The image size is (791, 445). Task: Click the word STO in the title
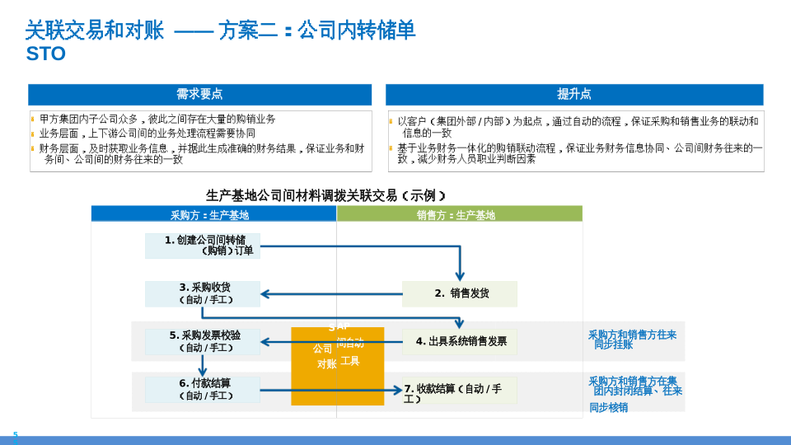[x=45, y=54]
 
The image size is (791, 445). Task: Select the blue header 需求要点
[x=199, y=95]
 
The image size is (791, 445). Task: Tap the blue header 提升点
[x=574, y=95]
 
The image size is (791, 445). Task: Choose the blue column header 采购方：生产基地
[x=210, y=215]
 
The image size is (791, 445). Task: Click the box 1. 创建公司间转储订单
[x=203, y=246]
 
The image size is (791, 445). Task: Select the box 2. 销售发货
[x=460, y=293]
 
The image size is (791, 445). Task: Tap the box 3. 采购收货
[x=203, y=293]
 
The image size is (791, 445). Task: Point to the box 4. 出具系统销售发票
[x=460, y=341]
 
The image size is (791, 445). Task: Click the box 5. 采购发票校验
[x=203, y=341]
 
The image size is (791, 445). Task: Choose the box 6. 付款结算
[x=203, y=390]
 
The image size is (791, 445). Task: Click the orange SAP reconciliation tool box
[x=337, y=366]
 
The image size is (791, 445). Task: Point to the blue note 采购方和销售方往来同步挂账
[x=632, y=340]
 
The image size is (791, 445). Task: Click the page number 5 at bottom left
[x=15, y=434]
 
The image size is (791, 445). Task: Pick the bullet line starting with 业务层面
[x=148, y=133]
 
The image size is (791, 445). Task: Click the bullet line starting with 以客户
[x=577, y=127]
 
